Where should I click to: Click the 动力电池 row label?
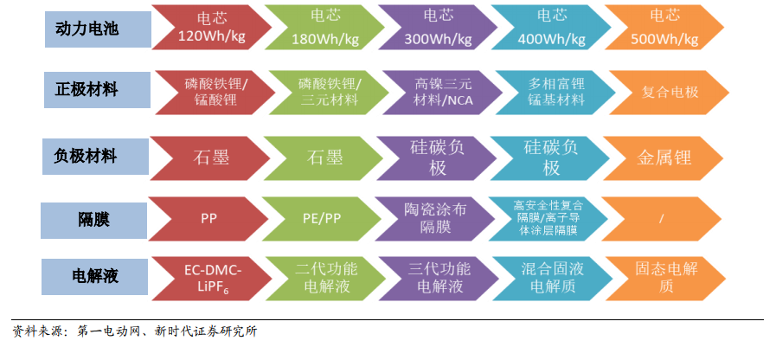pyautogui.click(x=86, y=29)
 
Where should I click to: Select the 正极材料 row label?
pyautogui.click(x=86, y=90)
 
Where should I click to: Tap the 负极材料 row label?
pyautogui.click(x=86, y=157)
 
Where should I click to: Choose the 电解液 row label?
pyautogui.click(x=86, y=277)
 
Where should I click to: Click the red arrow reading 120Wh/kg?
pyautogui.click(x=208, y=28)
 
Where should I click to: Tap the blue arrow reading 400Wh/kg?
pyautogui.click(x=550, y=28)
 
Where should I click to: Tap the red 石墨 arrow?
pyautogui.click(x=208, y=157)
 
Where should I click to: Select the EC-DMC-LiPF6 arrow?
pyautogui.click(x=208, y=277)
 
